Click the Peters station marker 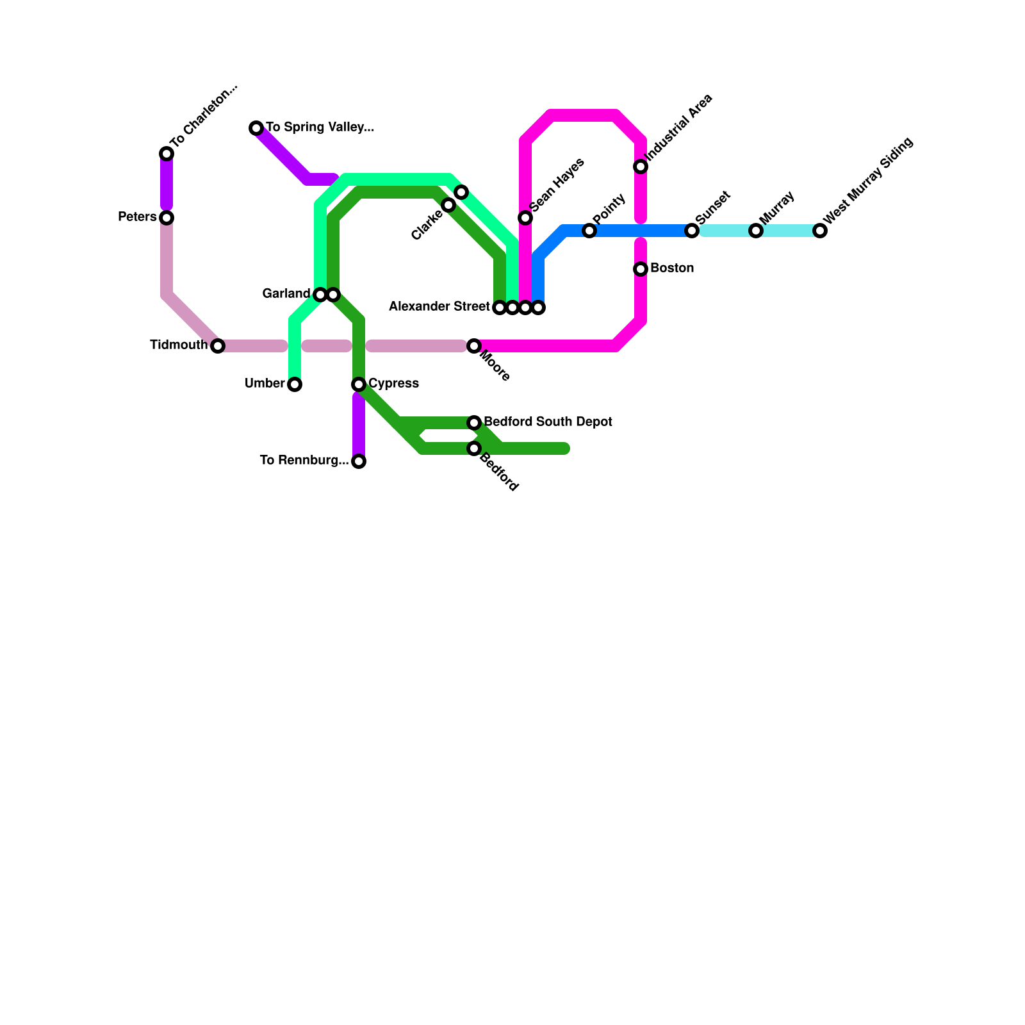tap(167, 218)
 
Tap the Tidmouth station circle tap(218, 346)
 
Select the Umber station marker tap(295, 384)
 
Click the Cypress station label tap(393, 384)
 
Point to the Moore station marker tap(474, 346)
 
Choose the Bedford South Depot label tap(548, 422)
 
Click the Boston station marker tap(641, 269)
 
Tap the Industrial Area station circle tap(641, 167)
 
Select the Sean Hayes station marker tap(525, 218)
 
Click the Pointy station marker tap(589, 231)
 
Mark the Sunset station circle tap(692, 231)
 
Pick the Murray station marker tap(756, 231)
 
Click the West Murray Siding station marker tap(820, 231)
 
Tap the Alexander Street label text tap(439, 307)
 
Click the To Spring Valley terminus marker tap(256, 128)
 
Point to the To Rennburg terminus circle tap(359, 461)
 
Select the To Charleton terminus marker tap(167, 154)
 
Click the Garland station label tap(286, 294)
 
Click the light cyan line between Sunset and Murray tap(724, 231)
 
